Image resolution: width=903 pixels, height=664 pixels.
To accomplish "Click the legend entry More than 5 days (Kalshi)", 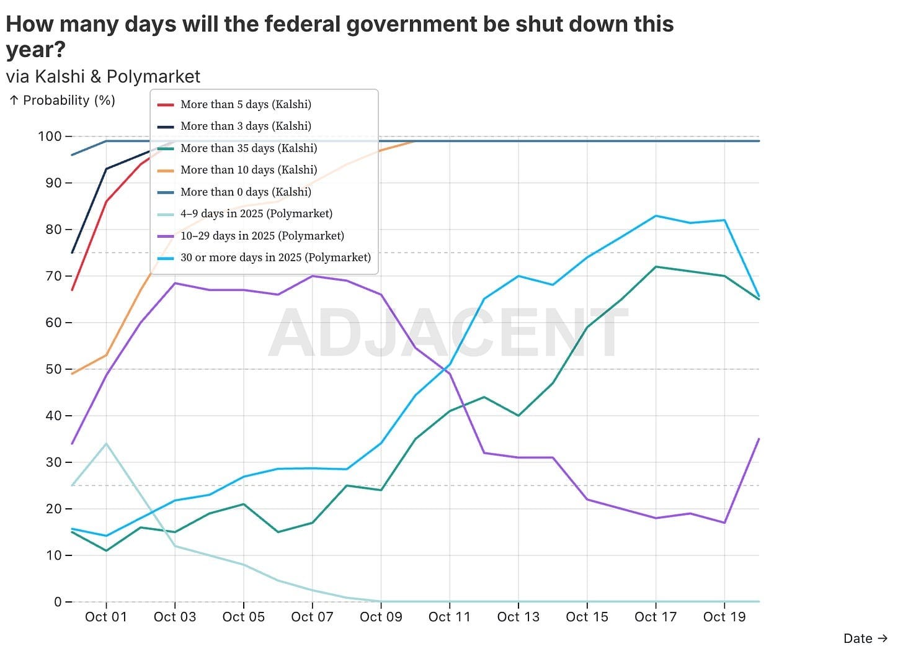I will tap(246, 104).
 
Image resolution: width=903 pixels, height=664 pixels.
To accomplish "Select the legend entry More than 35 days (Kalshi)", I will tap(248, 148).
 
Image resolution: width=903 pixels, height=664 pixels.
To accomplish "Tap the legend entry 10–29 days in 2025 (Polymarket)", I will tap(262, 235).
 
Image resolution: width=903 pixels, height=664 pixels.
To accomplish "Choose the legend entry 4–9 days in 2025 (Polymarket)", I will tap(256, 213).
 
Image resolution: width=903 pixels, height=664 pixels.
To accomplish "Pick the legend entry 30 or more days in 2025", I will tap(275, 257).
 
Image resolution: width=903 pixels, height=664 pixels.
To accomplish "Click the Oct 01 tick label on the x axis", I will tap(106, 617).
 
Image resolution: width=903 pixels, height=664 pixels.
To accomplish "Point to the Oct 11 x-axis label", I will tap(450, 617).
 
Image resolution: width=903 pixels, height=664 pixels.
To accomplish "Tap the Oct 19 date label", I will tap(724, 617).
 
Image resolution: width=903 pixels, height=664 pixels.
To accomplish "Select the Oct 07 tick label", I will tap(312, 617).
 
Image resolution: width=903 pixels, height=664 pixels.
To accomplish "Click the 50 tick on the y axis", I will tap(54, 369).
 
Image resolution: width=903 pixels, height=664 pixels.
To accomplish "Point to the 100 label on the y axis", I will tap(50, 137).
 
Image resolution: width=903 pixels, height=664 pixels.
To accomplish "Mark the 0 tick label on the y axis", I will tap(58, 602).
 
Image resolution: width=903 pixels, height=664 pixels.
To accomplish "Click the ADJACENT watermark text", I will tap(448, 333).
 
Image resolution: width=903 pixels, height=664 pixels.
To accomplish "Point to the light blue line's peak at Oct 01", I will tap(106, 444).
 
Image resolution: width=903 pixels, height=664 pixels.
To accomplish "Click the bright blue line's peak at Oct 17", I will tap(656, 216).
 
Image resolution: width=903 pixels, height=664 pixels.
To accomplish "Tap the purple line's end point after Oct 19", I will tap(758, 439).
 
